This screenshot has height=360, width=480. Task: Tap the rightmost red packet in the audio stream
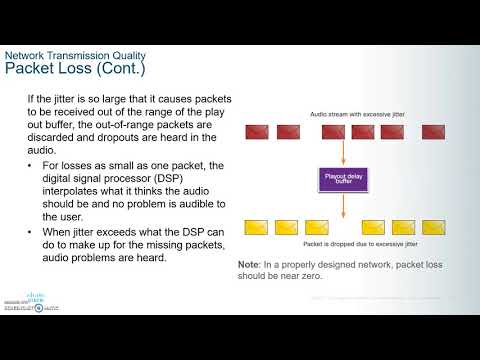(435, 132)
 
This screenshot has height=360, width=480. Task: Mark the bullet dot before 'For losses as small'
(33, 165)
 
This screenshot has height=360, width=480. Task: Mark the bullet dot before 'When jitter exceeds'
(33, 231)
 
